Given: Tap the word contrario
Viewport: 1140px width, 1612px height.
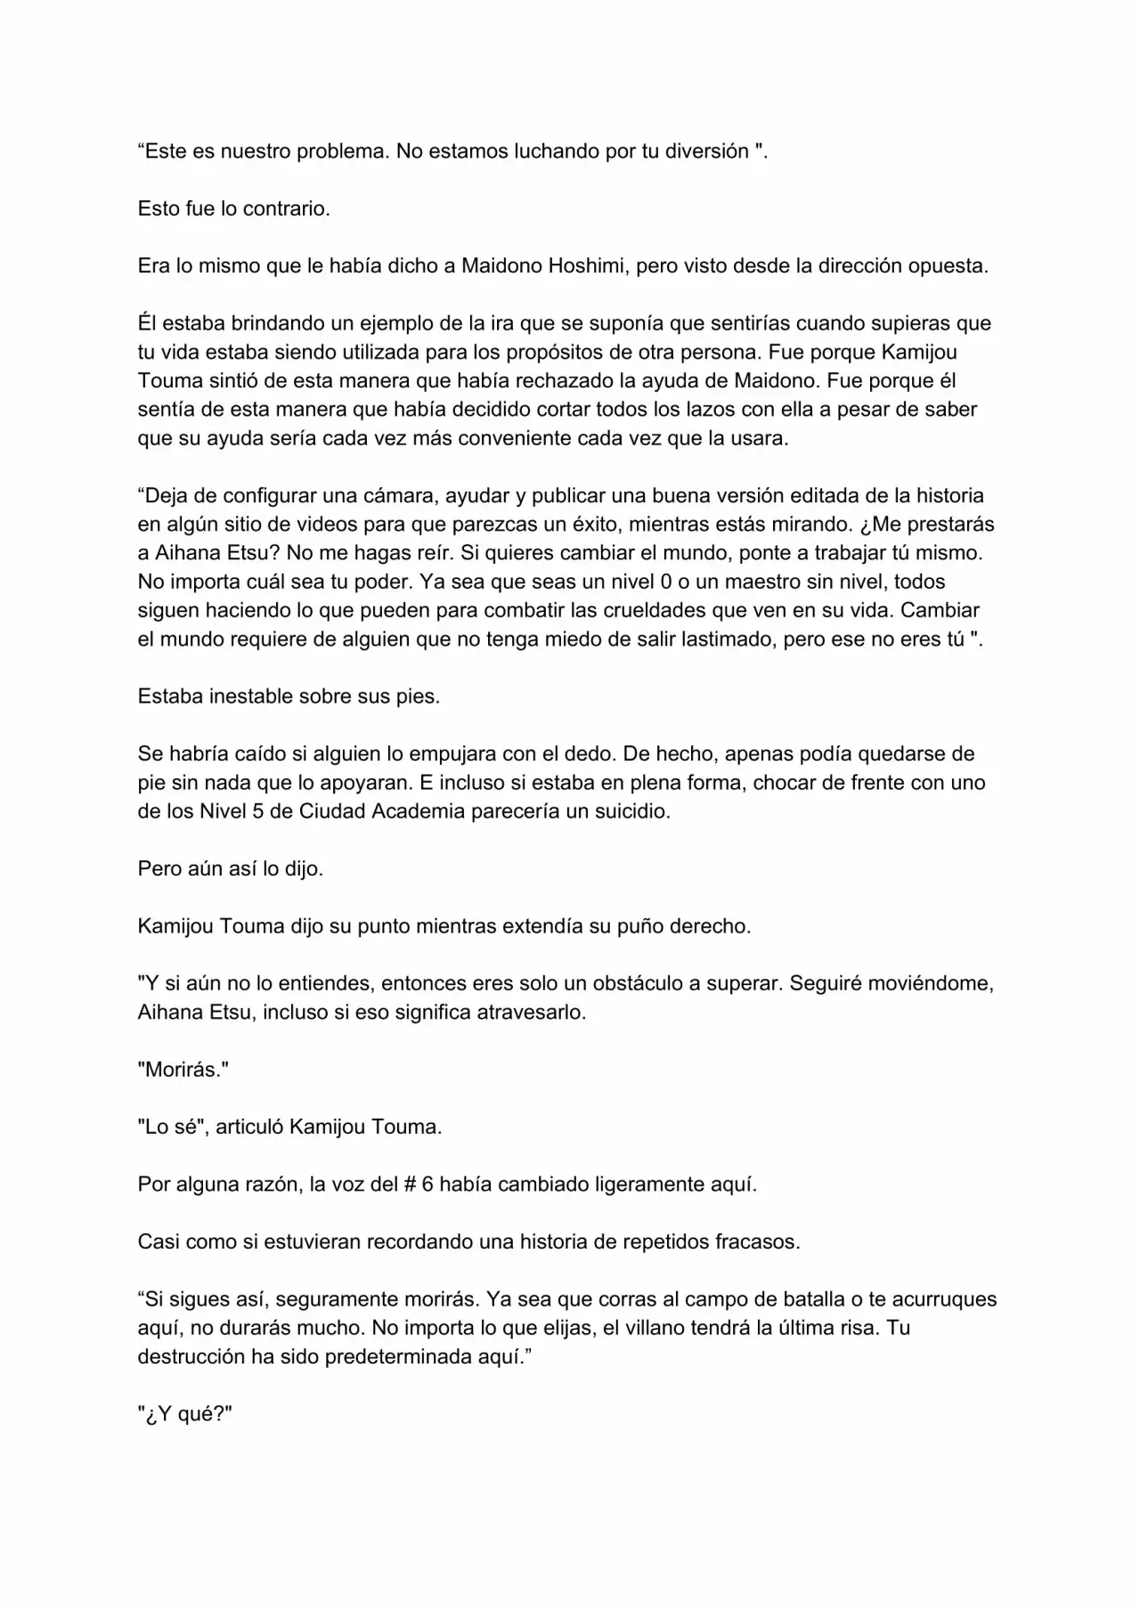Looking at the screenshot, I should click(x=285, y=209).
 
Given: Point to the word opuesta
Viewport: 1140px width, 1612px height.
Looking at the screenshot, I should click(x=948, y=266).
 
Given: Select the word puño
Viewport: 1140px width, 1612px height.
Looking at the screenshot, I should click(x=638, y=926).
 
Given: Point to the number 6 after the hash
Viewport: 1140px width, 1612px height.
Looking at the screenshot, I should click(x=427, y=1185).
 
